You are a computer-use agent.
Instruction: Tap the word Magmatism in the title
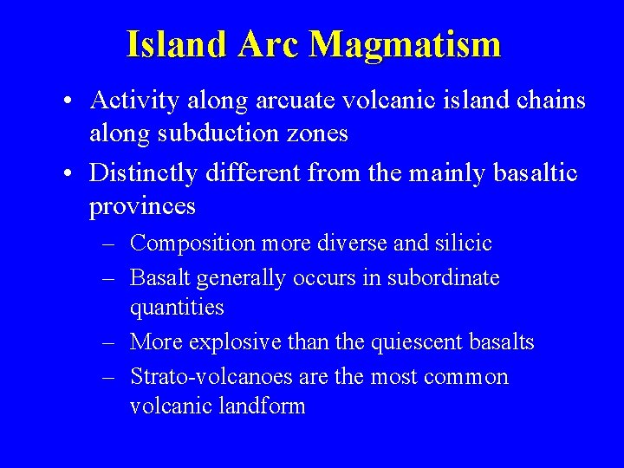(x=405, y=45)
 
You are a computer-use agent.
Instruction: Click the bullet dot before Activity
(x=67, y=102)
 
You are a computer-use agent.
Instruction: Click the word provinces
(x=142, y=208)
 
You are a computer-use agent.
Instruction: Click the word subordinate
(x=443, y=278)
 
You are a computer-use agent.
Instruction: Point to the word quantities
(x=177, y=308)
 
